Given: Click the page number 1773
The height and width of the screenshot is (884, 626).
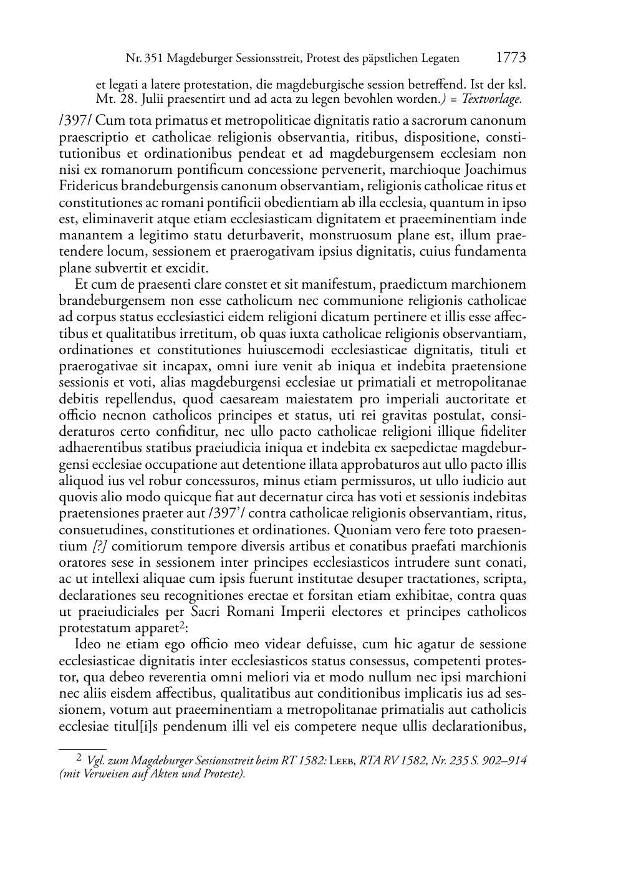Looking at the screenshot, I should click(511, 57).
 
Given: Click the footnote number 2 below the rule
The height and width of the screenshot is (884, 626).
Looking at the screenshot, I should click(79, 759).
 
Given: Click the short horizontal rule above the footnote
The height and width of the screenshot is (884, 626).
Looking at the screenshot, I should click(82, 748).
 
